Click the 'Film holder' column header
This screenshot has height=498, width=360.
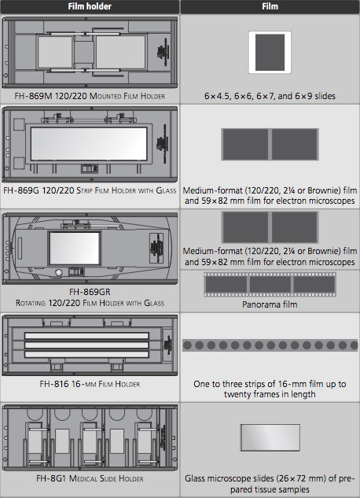[x=90, y=6]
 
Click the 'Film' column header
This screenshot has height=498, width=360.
[x=270, y=6]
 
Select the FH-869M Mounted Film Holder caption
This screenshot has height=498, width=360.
[x=90, y=96]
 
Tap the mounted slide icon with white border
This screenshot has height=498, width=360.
[x=270, y=53]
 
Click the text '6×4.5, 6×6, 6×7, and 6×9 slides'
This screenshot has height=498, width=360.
[x=270, y=96]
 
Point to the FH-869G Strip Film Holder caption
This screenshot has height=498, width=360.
[x=90, y=190]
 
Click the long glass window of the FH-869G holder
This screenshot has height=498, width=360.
[x=89, y=144]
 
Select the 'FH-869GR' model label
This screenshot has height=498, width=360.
[x=90, y=292]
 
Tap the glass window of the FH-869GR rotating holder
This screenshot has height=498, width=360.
[x=75, y=249]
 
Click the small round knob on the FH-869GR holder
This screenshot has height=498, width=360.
[x=59, y=272]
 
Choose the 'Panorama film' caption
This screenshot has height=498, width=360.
[x=270, y=304]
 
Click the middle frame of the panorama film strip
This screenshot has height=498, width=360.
[x=270, y=284]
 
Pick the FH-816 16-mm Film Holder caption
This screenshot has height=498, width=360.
[x=90, y=384]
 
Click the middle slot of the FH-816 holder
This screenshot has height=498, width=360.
[x=86, y=345]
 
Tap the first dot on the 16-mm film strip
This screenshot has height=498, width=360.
[x=187, y=345]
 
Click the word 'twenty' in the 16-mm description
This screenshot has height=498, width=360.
[x=238, y=394]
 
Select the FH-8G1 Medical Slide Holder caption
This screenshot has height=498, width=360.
[x=90, y=478]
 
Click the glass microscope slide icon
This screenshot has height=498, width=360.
[x=270, y=437]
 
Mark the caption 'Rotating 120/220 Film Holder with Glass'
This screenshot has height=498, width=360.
[x=90, y=303]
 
